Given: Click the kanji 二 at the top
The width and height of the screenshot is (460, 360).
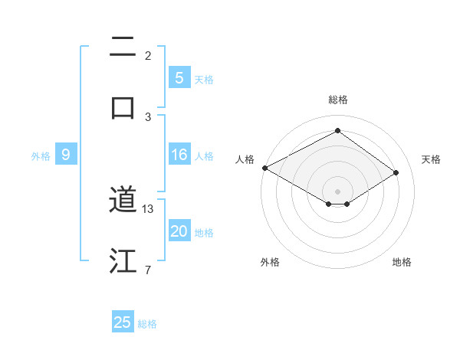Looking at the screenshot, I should point(123,49).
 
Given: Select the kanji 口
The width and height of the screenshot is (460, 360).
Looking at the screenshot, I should point(123,106).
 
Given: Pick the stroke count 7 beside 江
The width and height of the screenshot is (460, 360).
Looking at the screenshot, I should point(148,270).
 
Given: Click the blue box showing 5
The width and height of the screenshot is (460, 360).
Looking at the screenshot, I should point(179,78).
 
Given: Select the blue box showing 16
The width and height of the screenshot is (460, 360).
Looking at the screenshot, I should point(179,155).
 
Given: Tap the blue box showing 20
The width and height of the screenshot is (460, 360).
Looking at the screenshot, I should point(179,232).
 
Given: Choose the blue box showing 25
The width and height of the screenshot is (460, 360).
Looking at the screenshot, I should point(123,322).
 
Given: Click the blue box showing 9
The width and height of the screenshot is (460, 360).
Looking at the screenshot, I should point(66,155).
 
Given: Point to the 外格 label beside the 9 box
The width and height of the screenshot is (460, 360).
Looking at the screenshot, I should point(41,156).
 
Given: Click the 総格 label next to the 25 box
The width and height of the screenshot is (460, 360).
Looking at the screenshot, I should point(147,324).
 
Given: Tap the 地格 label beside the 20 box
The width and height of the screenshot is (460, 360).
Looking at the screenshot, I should point(204,233).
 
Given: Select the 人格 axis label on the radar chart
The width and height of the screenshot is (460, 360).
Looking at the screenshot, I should point(245,159).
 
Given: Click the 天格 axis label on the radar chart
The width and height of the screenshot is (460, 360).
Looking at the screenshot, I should point(431,159).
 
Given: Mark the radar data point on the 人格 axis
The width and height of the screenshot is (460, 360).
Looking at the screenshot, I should point(264,168).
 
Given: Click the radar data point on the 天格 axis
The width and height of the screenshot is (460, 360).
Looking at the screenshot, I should point(396,172).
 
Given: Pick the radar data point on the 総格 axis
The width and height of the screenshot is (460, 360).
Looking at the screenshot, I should point(337,131).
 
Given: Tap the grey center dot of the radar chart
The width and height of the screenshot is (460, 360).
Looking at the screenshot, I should point(337,191).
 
